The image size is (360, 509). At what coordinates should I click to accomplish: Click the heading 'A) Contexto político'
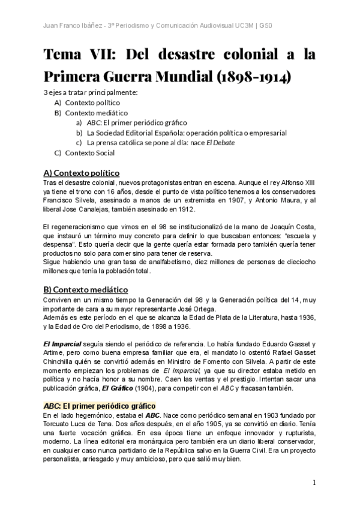(82, 173)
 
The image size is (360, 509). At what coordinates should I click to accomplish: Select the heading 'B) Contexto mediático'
(86, 289)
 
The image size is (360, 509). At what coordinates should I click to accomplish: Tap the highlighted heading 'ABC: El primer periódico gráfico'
(100, 406)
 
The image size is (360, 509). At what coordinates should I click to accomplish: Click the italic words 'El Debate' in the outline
(220, 142)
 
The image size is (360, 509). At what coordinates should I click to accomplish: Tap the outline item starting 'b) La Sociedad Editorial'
(181, 133)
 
